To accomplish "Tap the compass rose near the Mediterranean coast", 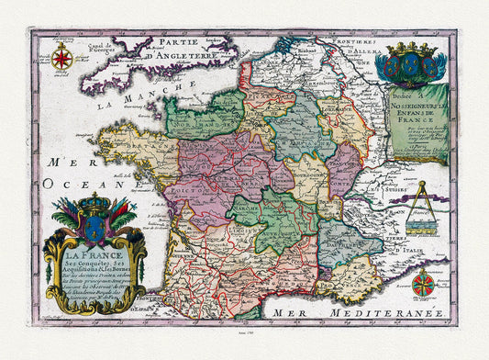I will [423, 282].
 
